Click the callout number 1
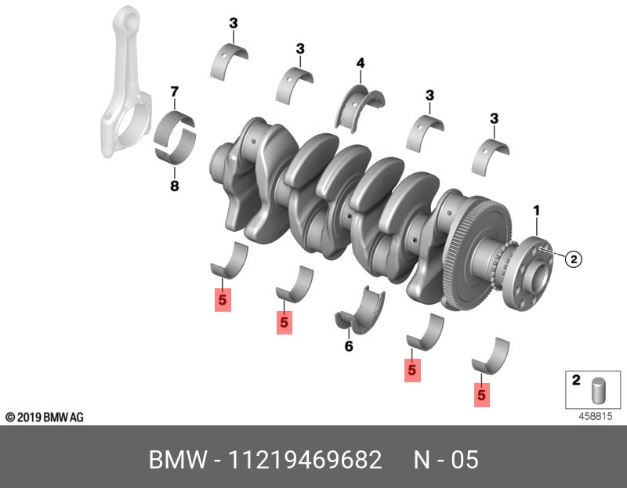[537, 210]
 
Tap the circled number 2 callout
[573, 258]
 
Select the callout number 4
[361, 63]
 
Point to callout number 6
[349, 346]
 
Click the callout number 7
[175, 92]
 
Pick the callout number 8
[175, 186]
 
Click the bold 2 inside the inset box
[576, 381]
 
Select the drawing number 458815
[595, 418]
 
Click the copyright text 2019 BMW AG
[45, 418]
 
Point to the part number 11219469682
[305, 460]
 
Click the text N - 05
[445, 460]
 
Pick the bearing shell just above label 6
[361, 311]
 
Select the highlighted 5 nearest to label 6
[284, 322]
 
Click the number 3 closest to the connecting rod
[233, 23]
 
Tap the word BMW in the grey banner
[173, 460]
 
